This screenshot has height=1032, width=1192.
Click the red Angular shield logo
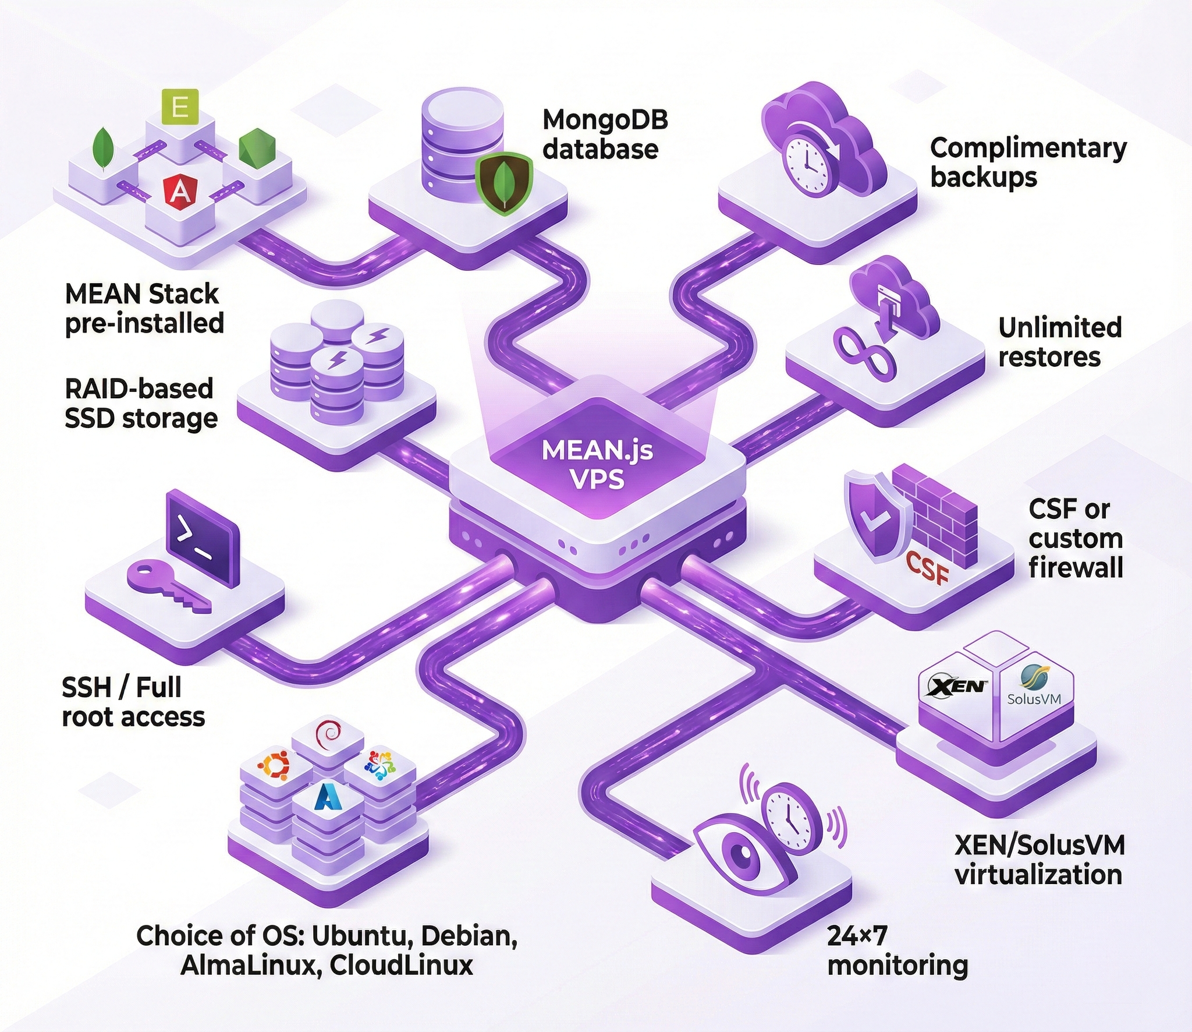pos(179,191)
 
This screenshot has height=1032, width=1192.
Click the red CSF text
pos(929,567)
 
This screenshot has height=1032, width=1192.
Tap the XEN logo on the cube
pos(956,686)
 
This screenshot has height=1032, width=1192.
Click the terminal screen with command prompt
pos(202,536)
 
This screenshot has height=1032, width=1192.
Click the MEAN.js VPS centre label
pos(597,464)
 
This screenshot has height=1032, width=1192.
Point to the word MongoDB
pos(605,120)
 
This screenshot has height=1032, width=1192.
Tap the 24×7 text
pos(858,935)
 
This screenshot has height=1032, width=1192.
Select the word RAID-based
pos(139,388)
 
